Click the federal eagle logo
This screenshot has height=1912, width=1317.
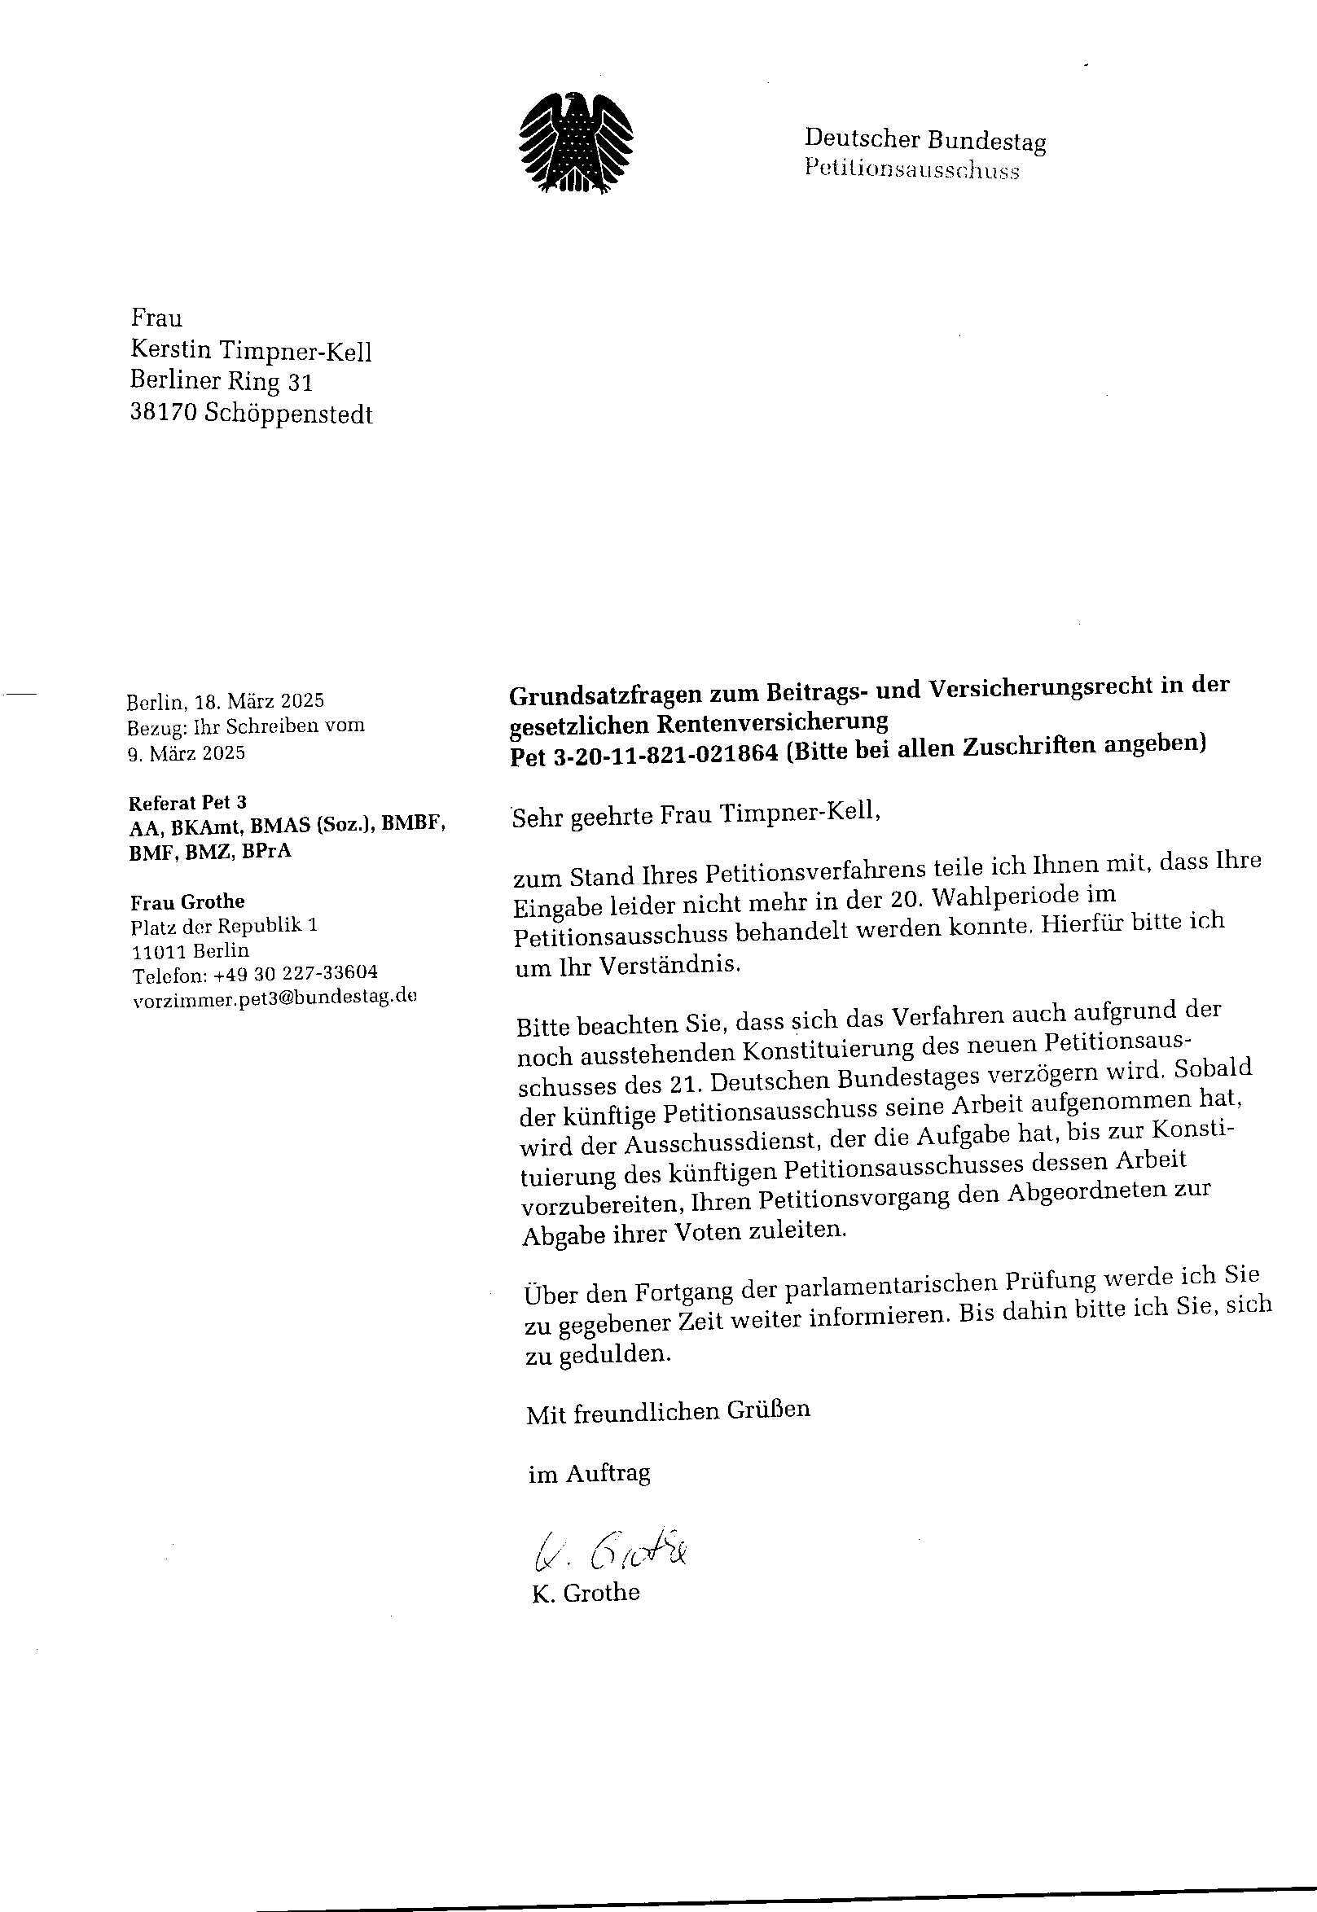point(576,143)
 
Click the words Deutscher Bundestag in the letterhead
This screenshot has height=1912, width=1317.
point(925,140)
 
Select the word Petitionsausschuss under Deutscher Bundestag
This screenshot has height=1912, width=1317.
point(912,170)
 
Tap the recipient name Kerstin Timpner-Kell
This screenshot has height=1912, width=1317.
point(251,353)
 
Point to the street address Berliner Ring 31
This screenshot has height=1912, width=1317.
point(222,382)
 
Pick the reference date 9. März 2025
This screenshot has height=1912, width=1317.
point(187,753)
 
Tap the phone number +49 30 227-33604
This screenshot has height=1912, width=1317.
point(296,973)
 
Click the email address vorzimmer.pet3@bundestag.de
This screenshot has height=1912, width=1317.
point(274,998)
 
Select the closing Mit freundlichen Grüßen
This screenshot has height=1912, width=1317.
point(669,1411)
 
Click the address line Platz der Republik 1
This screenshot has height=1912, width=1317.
point(225,926)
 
